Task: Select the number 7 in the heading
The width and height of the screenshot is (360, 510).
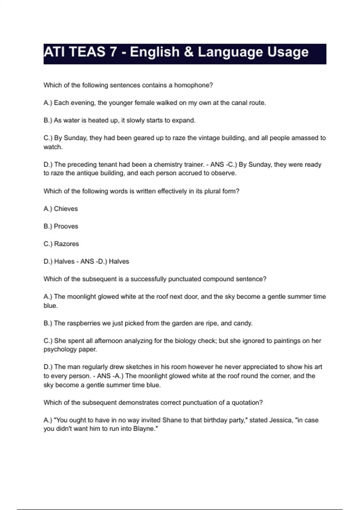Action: point(113,52)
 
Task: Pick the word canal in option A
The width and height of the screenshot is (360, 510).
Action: point(240,103)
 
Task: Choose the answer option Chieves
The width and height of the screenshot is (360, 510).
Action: point(66,209)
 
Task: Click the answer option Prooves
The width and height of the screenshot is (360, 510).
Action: point(66,226)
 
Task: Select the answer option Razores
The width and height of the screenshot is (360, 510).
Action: point(66,244)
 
